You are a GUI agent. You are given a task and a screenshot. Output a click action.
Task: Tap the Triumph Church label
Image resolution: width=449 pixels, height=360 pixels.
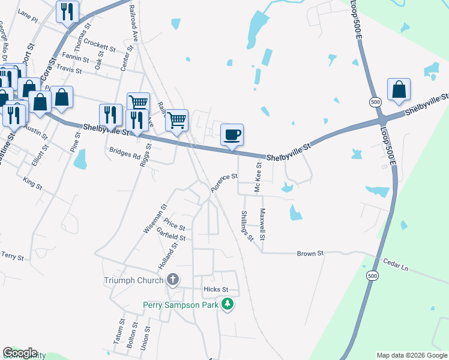[133, 280]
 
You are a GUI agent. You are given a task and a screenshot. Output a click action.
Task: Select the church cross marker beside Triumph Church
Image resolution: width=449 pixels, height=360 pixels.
[173, 280]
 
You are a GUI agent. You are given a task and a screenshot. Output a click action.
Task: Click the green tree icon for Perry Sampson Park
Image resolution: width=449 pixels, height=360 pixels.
[227, 305]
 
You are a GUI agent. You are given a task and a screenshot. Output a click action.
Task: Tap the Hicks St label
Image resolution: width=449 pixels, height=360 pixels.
[216, 289]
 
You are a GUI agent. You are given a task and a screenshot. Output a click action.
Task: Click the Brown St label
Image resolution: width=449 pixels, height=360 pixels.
[310, 254]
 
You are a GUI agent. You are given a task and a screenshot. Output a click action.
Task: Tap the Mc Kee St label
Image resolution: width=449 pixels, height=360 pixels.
[259, 178]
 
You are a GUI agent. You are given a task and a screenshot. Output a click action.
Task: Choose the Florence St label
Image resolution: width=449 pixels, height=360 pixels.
[224, 181]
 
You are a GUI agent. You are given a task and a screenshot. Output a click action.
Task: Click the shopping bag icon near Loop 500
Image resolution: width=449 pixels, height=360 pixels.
[399, 89]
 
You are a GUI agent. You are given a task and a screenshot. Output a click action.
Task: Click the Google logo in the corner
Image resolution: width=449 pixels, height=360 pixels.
[20, 353]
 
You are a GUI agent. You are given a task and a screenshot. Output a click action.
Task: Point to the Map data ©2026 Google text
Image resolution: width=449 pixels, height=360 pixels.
[411, 355]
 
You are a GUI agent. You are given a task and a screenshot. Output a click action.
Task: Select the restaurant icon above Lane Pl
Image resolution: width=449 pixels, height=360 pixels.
[67, 11]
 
